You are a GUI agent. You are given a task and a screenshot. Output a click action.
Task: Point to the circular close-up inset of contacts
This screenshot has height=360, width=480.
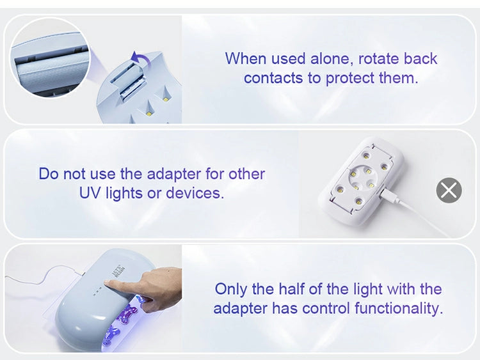[x=50, y=58]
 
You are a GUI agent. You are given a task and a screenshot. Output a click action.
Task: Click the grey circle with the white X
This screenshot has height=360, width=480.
[x=449, y=190]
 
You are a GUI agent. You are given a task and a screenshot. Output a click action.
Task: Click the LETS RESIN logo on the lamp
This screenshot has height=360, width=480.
[x=120, y=272]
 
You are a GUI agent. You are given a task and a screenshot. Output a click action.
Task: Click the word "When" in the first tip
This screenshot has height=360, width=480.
[x=246, y=58]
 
